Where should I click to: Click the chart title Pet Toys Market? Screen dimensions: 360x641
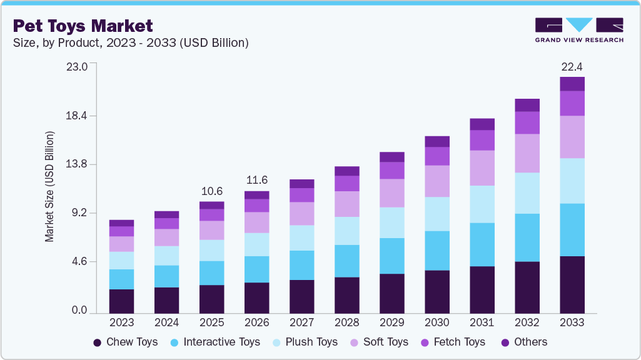tap(83, 26)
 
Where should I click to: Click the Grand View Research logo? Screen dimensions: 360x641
tap(578, 30)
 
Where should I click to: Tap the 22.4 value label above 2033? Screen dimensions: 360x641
tap(572, 67)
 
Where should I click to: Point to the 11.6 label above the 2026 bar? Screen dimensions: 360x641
tap(256, 180)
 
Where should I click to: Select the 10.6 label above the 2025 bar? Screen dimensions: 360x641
tap(211, 191)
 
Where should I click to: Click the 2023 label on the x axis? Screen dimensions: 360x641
tap(121, 322)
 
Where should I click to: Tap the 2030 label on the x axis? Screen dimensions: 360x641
tap(437, 322)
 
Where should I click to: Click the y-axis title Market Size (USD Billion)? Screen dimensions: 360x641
tap(49, 187)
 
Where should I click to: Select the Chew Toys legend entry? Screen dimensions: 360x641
tap(125, 342)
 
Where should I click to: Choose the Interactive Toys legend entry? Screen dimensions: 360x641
tap(215, 342)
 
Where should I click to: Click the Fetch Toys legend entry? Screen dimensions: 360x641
tap(453, 342)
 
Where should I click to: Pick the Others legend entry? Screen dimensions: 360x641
tap(523, 342)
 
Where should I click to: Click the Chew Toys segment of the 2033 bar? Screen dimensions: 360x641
tap(572, 284)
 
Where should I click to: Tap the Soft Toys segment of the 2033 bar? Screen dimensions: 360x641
tap(572, 137)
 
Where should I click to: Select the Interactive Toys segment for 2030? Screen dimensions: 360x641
tap(437, 251)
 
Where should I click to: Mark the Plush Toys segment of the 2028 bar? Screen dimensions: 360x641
tap(346, 231)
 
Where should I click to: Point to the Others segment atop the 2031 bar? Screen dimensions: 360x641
tap(482, 124)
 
